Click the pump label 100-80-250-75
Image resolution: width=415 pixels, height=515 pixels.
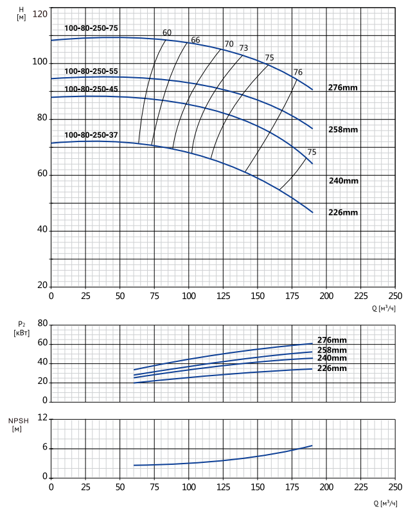(91, 28)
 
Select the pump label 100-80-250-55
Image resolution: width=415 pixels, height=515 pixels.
(91, 71)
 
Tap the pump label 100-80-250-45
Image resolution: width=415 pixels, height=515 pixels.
(91, 89)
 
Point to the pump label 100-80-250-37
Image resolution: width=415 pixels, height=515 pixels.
(91, 135)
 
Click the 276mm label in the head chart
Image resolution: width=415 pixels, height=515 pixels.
(343, 87)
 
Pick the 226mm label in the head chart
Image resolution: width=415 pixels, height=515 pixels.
(343, 213)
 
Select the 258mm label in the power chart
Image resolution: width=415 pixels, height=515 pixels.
(332, 350)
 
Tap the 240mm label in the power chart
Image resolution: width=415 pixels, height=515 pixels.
(332, 358)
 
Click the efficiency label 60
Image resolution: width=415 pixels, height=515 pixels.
(167, 33)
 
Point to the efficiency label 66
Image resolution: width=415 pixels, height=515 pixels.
(195, 40)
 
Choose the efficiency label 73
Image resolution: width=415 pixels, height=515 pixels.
(243, 48)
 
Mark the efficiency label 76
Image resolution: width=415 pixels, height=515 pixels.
(298, 72)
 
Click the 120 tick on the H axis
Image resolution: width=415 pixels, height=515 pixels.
(40, 14)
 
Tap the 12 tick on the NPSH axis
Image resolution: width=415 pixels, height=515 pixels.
(42, 417)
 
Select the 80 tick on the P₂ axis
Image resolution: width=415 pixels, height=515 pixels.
(42, 323)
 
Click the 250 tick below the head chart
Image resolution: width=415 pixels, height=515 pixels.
(395, 296)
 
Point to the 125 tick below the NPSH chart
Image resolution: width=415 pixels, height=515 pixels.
(223, 487)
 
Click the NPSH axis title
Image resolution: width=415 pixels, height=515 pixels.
(19, 420)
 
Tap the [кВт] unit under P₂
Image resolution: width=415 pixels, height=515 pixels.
(22, 333)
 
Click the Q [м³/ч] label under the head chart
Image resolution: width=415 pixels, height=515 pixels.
(384, 309)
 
